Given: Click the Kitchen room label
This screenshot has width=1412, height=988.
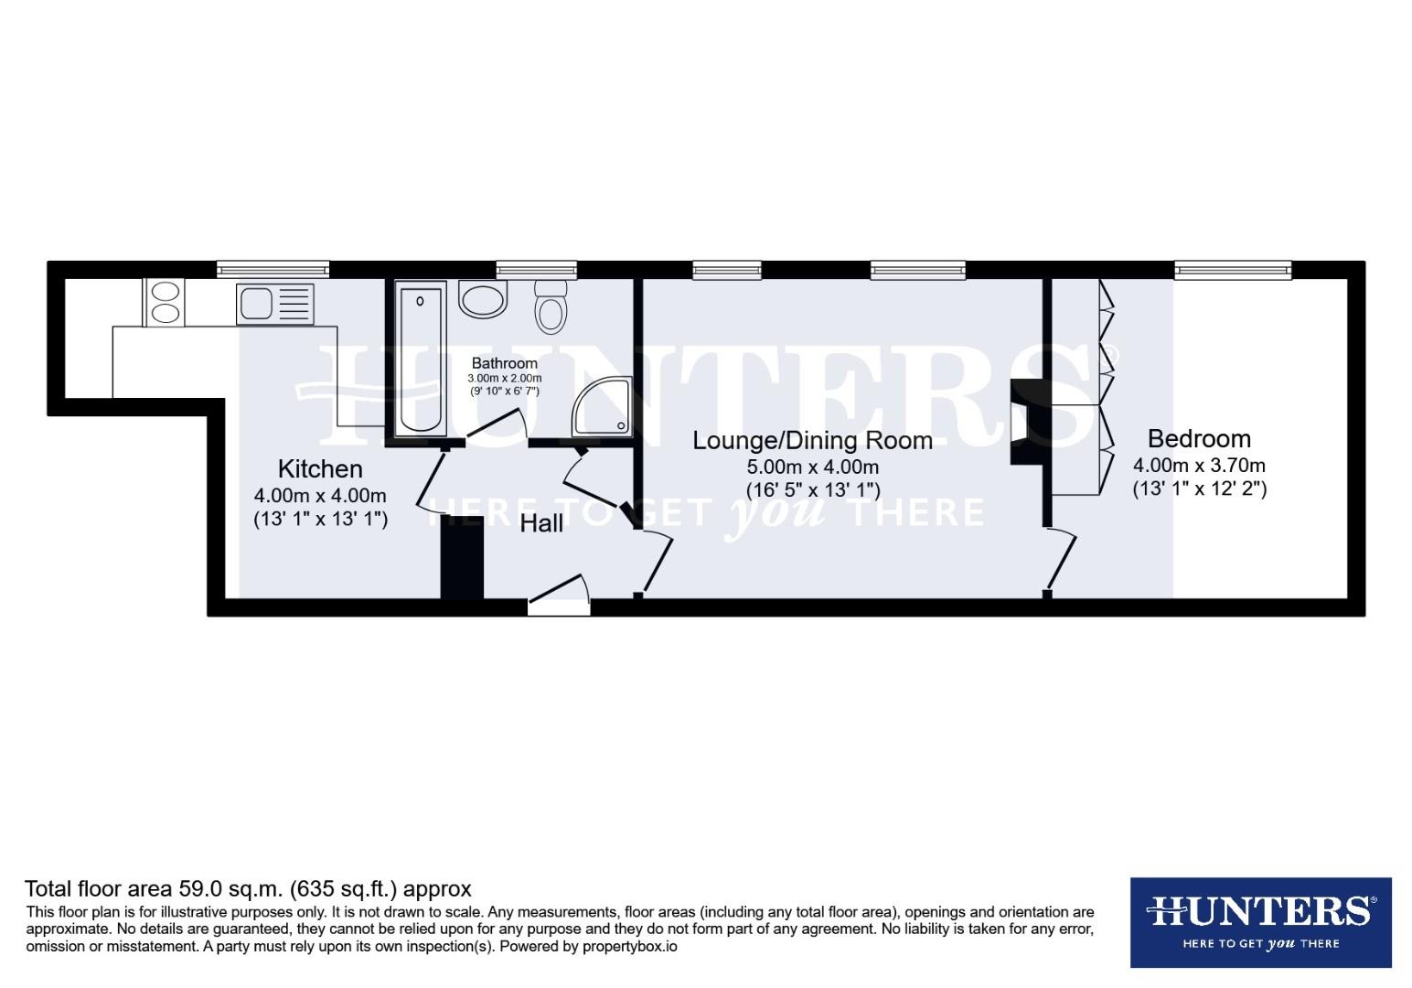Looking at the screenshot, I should pyautogui.click(x=320, y=469).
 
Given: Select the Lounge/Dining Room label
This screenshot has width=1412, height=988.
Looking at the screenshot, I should pyautogui.click(x=812, y=441).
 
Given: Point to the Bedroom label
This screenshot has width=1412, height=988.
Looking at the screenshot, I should pyautogui.click(x=1199, y=438).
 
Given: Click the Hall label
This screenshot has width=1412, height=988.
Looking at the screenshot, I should pyautogui.click(x=541, y=524).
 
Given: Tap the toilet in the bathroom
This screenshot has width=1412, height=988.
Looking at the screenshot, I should pyautogui.click(x=551, y=306).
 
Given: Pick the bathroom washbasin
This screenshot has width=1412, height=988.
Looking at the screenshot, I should pyautogui.click(x=482, y=298).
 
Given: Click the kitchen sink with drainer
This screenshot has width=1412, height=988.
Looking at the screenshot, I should pyautogui.click(x=274, y=303).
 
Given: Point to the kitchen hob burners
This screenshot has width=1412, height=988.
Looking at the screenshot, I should pyautogui.click(x=165, y=302).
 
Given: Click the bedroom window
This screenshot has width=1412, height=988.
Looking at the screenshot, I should pyautogui.click(x=1233, y=269).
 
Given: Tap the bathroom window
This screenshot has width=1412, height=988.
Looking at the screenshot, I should pyautogui.click(x=537, y=269).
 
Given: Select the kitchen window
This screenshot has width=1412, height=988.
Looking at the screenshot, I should pyautogui.click(x=273, y=269).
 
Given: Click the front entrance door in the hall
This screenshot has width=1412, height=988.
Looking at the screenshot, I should pyautogui.click(x=559, y=595).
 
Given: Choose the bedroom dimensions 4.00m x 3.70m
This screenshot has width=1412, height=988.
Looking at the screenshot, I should pyautogui.click(x=1199, y=466).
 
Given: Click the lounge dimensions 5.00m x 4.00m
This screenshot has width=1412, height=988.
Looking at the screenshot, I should pyautogui.click(x=812, y=467).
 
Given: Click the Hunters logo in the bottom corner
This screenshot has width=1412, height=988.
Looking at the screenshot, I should pyautogui.click(x=1260, y=922).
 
